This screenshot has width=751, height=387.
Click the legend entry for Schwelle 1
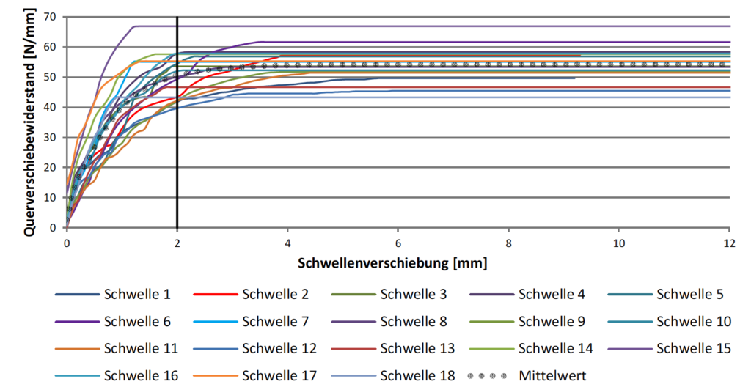(136, 295)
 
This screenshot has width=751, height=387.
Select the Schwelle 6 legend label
(136, 321)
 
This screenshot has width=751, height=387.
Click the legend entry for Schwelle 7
(275, 321)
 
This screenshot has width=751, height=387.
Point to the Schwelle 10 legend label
(693, 321)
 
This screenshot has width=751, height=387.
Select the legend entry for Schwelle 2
(275, 295)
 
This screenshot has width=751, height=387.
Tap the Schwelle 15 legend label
(693, 348)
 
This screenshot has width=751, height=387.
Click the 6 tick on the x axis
(398, 241)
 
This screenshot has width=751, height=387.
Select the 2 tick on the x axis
(177, 241)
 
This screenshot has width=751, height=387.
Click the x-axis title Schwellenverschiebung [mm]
(393, 262)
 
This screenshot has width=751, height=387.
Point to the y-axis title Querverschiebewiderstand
(30, 122)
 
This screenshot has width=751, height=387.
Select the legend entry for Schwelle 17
(275, 375)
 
